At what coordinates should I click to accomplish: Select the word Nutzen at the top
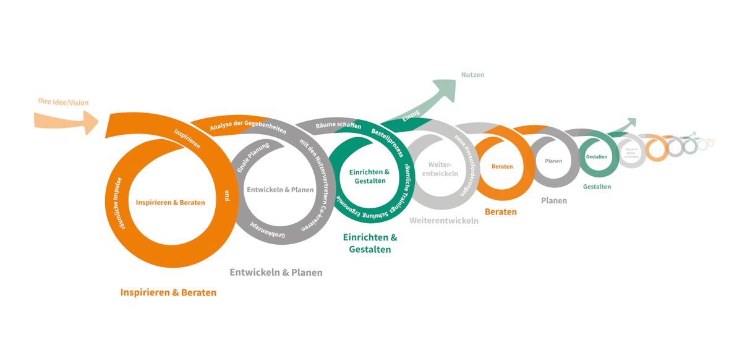coord(472,75)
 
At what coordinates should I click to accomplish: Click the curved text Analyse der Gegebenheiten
coord(237,121)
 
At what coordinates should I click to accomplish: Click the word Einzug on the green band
coord(411,115)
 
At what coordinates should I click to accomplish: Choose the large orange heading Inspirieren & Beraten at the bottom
coord(168,292)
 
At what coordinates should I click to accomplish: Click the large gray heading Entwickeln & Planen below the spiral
coord(276,272)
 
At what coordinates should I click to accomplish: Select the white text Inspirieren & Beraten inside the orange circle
coord(171,202)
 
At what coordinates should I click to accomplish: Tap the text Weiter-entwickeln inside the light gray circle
coord(443,169)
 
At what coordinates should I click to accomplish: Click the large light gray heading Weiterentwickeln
coord(443,220)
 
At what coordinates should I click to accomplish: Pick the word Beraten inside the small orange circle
coord(502,166)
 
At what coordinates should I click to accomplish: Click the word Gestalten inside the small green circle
coord(597,157)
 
